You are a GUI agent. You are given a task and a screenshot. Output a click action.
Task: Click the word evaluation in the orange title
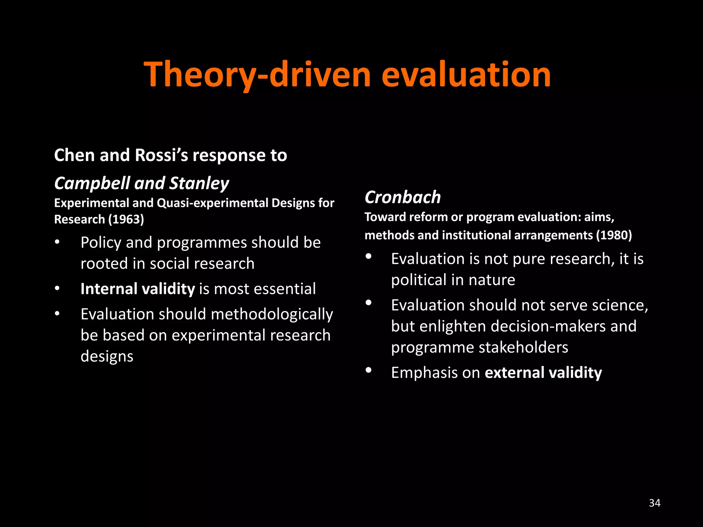(x=466, y=74)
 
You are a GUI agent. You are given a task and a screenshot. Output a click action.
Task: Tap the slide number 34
(x=655, y=503)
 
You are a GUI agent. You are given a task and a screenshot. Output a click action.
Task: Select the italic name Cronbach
(x=403, y=197)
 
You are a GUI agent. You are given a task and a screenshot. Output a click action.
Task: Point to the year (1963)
(x=126, y=219)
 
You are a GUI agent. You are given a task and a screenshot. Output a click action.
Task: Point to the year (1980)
(x=614, y=235)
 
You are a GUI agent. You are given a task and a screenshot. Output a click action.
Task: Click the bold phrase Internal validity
(x=138, y=289)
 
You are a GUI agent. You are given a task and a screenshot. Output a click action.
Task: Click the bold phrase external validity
(x=543, y=373)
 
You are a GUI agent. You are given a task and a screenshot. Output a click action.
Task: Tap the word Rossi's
(x=162, y=155)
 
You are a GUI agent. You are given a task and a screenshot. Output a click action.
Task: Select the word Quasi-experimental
(x=212, y=203)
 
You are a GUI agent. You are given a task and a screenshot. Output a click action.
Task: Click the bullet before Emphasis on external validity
(x=369, y=370)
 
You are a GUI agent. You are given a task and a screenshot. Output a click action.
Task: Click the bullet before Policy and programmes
(x=57, y=242)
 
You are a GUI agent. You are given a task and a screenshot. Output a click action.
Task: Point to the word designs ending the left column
(x=107, y=356)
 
